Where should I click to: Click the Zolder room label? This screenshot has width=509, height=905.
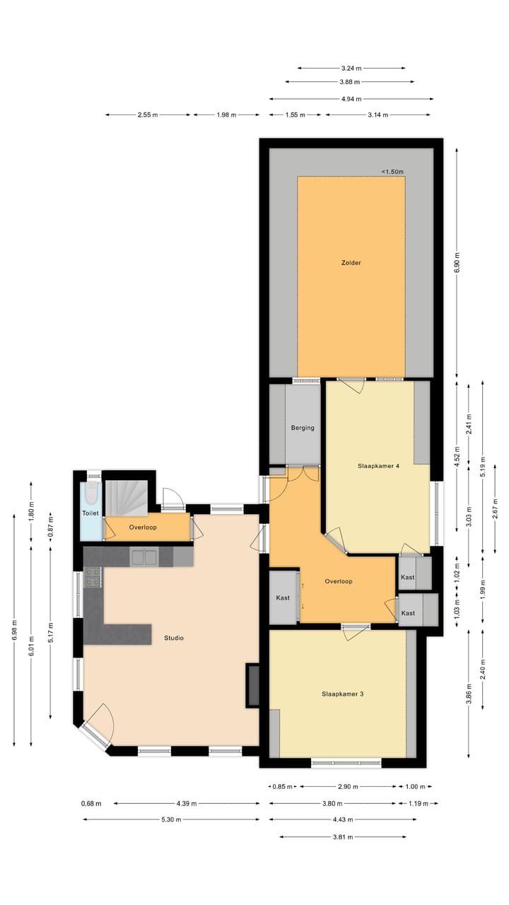(x=351, y=263)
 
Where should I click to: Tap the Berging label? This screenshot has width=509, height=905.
(x=303, y=428)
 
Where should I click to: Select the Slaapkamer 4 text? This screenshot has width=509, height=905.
(x=379, y=466)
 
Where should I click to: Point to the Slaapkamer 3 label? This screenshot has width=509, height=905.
(x=342, y=694)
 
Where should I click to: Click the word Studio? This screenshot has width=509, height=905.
(x=174, y=638)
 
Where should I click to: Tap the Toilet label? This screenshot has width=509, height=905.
(x=90, y=513)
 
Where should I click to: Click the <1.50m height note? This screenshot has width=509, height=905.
(x=393, y=171)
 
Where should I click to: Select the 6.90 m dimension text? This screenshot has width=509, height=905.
(x=457, y=262)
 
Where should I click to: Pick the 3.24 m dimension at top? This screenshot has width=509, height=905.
(x=351, y=69)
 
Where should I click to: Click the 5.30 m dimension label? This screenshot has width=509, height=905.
(x=170, y=819)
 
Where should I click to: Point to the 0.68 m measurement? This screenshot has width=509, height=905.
(x=91, y=803)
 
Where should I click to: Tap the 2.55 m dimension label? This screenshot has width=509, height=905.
(x=148, y=115)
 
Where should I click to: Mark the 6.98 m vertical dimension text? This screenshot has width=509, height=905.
(x=14, y=629)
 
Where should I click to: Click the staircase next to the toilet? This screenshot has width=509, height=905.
(x=127, y=498)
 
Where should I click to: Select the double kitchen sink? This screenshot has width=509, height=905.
(x=144, y=557)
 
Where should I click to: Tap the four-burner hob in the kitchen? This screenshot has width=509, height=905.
(x=92, y=578)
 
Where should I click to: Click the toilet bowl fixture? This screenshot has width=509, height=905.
(x=90, y=492)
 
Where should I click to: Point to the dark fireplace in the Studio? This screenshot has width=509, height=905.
(x=252, y=684)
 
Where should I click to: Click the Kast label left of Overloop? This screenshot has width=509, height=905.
(x=283, y=598)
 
